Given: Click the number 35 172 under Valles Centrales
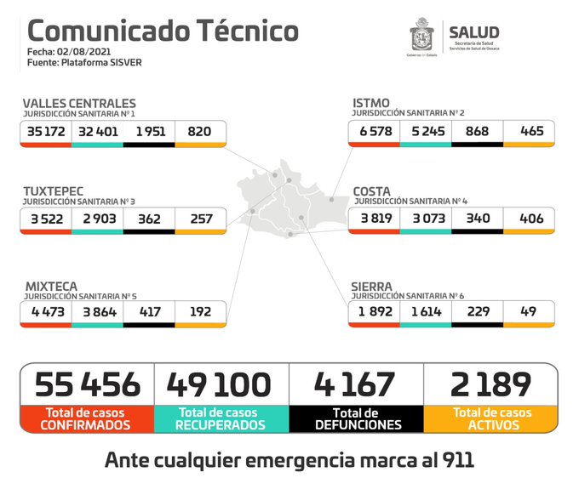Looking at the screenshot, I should tap(46, 132).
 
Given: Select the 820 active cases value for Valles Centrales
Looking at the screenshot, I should tap(200, 132).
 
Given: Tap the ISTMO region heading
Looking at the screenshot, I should tap(371, 104).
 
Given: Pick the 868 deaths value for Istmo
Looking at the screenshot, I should tap(477, 132).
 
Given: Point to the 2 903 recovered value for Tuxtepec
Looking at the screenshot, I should tap(97, 219).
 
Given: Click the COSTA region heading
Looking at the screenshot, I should tap(372, 191).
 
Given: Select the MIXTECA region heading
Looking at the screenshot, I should tap(52, 287).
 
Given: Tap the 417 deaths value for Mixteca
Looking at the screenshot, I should tap(149, 313).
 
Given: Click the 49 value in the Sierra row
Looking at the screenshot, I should tap(529, 313).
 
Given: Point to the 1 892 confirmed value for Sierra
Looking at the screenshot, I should tap(374, 313).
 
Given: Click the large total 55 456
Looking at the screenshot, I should tap(87, 384).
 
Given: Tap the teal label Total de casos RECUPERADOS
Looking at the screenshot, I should tap(221, 418).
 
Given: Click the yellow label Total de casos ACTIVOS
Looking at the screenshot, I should tap(491, 418).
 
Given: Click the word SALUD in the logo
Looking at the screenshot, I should tap(473, 32).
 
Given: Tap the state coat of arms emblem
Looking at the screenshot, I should tap(423, 37).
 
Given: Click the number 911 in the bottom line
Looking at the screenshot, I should tap(450, 461).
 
